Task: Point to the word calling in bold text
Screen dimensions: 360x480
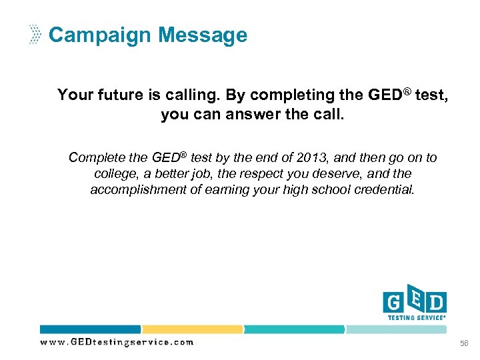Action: [x=181, y=95]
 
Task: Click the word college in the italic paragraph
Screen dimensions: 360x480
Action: [x=115, y=173]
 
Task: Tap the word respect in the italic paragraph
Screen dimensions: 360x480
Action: [x=274, y=173]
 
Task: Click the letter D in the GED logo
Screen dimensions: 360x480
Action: [x=437, y=303]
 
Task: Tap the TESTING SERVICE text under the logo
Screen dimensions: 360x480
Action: [x=416, y=318]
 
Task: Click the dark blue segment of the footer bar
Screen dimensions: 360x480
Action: [x=90, y=329]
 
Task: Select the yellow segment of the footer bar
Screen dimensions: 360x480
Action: [x=192, y=329]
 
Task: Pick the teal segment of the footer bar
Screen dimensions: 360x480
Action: [x=294, y=329]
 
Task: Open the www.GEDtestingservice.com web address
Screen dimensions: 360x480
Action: [x=117, y=342]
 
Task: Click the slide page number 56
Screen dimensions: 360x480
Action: [x=463, y=343]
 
